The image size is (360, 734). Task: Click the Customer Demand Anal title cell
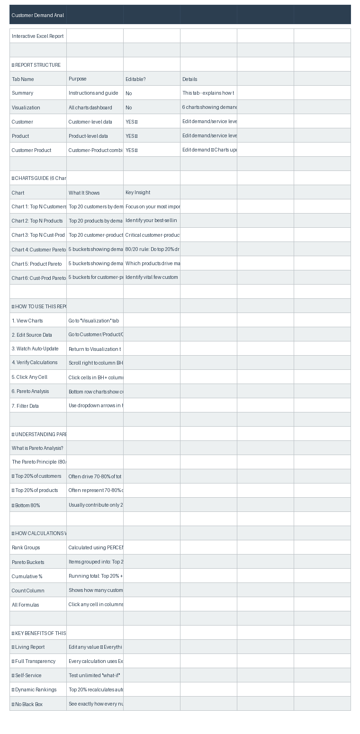point(38,15)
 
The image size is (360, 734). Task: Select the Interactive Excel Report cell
point(38,36)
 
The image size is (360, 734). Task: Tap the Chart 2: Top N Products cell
point(37,221)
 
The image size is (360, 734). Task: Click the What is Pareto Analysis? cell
point(37,448)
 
